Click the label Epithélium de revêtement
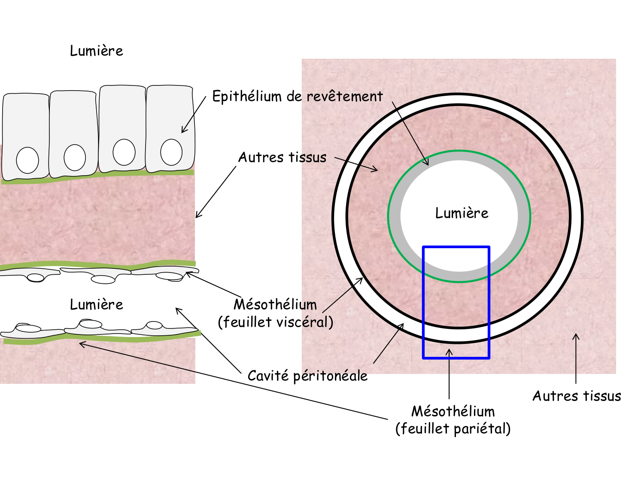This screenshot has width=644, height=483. [x=297, y=96]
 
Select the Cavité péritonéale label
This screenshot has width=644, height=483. [x=307, y=376]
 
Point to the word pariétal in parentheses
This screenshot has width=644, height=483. [x=477, y=428]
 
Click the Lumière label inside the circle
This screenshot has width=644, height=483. [x=462, y=213]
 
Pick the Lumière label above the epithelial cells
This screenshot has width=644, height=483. [x=96, y=51]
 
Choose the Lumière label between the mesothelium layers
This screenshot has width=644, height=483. [x=96, y=304]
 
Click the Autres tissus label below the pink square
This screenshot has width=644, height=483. [x=577, y=396]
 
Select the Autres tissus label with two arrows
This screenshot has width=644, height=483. [x=282, y=157]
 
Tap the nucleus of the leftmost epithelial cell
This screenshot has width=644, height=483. [x=27, y=160]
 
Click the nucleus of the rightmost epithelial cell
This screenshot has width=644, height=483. [x=171, y=152]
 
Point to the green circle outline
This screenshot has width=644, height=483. [x=388, y=216]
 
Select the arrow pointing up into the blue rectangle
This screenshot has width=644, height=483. [x=449, y=374]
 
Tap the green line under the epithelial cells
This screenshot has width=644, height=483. [x=99, y=175]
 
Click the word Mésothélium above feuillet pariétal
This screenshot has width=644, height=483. [x=453, y=411]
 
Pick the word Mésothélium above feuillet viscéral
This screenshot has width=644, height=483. [x=275, y=304]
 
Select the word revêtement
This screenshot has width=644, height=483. [x=344, y=96]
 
